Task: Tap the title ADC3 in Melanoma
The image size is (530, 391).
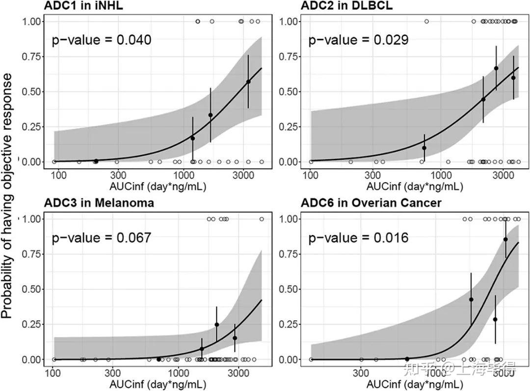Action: [99, 203]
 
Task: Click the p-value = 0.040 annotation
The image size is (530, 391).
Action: [102, 40]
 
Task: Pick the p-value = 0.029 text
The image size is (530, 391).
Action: [358, 40]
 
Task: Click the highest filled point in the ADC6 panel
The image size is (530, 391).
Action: [505, 239]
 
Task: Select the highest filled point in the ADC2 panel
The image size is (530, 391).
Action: [496, 68]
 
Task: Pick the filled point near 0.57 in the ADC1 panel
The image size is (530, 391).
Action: [248, 82]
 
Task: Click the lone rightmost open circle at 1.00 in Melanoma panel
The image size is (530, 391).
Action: [262, 219]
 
